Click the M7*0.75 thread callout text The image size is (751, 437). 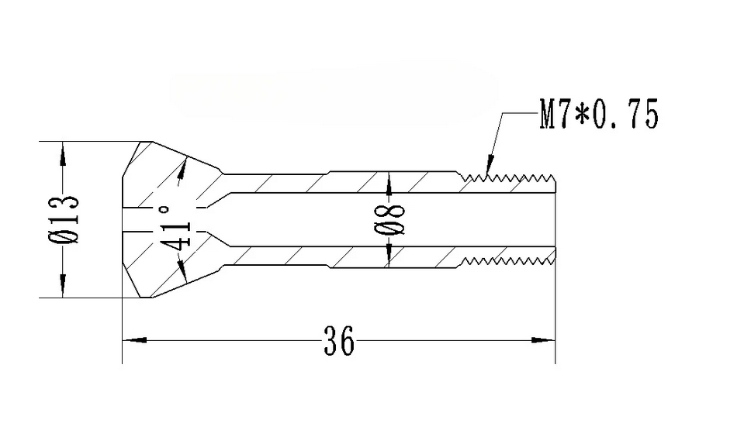[x=598, y=115]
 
